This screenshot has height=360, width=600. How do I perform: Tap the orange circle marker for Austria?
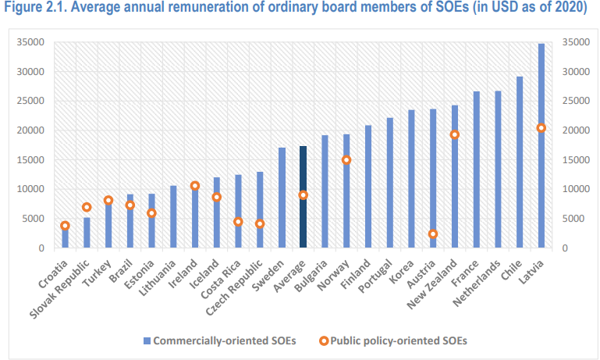tap(433, 233)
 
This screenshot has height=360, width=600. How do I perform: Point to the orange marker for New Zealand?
tap(455, 134)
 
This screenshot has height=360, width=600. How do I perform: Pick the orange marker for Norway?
tap(346, 160)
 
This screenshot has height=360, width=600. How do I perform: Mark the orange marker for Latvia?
tap(541, 128)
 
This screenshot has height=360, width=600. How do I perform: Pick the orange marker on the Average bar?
tap(303, 195)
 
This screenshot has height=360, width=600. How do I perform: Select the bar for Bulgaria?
tap(325, 191)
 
